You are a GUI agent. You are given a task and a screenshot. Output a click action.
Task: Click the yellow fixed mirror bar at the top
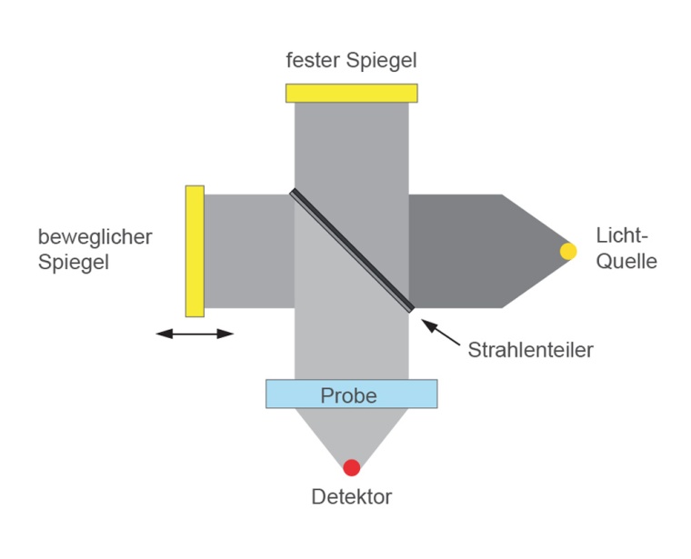[x=351, y=93]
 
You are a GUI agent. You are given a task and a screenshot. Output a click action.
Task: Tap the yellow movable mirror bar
[x=195, y=251]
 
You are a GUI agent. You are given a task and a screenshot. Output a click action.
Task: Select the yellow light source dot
[x=568, y=251]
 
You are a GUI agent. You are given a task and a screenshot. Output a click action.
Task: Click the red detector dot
[x=351, y=468]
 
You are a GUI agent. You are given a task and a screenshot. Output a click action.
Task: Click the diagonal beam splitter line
[x=351, y=250]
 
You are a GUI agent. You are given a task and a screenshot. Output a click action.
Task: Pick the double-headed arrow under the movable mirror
[x=195, y=334]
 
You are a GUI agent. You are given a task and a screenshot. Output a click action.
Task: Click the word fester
[x=313, y=62]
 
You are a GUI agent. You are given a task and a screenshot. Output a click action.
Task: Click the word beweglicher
[x=95, y=237]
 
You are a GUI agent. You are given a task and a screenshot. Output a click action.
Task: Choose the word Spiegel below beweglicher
[x=74, y=264]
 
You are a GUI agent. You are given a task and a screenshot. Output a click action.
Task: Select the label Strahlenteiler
[x=530, y=349]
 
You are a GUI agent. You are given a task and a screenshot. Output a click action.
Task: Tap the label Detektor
[x=351, y=496]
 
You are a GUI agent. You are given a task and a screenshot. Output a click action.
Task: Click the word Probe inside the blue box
[x=351, y=395]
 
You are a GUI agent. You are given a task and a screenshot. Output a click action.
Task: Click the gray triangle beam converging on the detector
[x=351, y=432]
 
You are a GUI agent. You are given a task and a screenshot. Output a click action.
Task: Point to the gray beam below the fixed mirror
[x=351, y=145]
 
